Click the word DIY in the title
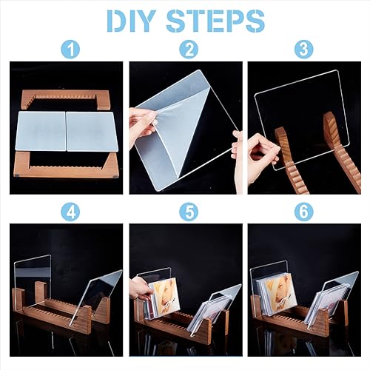pos(132,21)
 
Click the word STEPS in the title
pos(215,21)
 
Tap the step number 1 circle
pos(70,50)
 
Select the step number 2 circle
pos(189,50)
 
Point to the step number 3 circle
pos(304,50)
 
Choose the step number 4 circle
pos(70,212)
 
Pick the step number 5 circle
pos(189,212)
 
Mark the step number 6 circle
pos(304,212)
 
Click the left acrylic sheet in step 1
pos(42,131)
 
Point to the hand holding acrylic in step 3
pos(263,155)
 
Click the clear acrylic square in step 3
pos(302,120)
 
